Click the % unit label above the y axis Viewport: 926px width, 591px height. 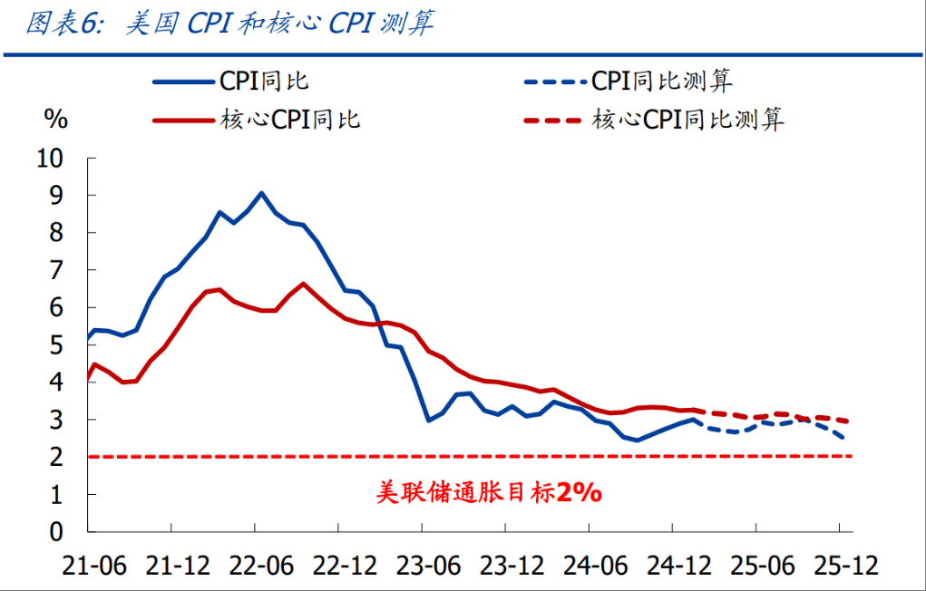[56, 120]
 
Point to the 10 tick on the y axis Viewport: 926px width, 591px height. [50, 159]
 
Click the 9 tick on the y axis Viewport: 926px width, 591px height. [56, 196]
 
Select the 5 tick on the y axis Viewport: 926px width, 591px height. [56, 344]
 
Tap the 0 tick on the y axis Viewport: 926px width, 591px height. [56, 532]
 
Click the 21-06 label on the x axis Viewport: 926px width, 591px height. [94, 567]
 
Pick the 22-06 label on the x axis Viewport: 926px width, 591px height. [261, 567]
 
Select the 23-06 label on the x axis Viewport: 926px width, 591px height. [428, 567]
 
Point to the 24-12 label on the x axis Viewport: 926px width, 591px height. [679, 567]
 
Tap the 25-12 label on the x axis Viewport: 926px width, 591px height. [846, 567]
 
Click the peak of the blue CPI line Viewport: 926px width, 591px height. [261, 193]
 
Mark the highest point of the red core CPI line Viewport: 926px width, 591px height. [303, 284]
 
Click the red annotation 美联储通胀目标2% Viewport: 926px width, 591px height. [489, 492]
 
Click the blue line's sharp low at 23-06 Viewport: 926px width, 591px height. [428, 421]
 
